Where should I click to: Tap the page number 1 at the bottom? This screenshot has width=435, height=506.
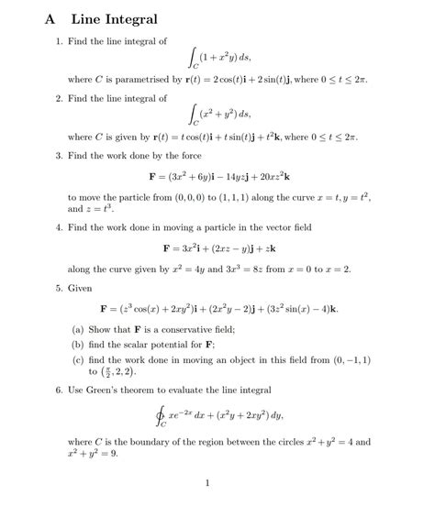208,484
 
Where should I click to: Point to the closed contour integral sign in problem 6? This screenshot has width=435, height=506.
162,418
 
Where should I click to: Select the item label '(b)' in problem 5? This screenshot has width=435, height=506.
77,345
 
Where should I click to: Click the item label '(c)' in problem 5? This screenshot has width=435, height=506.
77,360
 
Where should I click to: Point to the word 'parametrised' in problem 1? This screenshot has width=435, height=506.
148,81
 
